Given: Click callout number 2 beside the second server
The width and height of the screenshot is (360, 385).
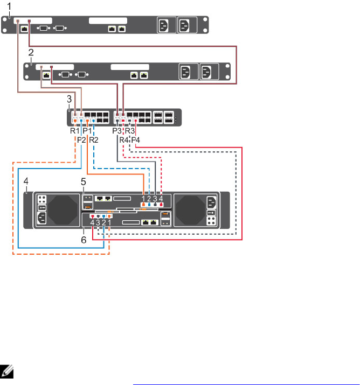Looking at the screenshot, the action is (x=31, y=52).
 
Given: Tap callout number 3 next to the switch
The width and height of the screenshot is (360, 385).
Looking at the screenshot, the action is (x=68, y=99).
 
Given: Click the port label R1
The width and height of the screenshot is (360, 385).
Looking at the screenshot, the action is (x=74, y=131).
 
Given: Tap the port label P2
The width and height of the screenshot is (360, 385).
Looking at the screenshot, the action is (x=81, y=140).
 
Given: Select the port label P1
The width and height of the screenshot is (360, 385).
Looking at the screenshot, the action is (x=87, y=131).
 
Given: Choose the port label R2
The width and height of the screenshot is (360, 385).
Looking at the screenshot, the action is (x=94, y=140).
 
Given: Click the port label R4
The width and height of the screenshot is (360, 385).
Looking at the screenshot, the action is (x=123, y=140).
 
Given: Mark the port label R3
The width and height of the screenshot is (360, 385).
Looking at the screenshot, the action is (x=130, y=131).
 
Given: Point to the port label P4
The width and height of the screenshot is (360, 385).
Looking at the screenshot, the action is (x=136, y=140).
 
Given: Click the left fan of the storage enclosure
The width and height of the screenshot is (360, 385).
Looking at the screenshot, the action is (x=64, y=209).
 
